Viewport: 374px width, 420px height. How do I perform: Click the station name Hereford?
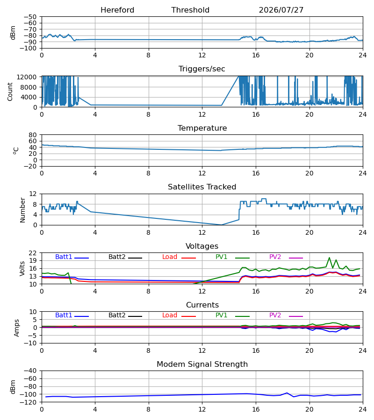[x=117, y=10]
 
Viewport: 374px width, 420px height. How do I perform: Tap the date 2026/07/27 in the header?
[x=281, y=10]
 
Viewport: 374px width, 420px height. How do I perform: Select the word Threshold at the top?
[x=190, y=10]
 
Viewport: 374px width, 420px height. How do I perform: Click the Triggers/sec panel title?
[x=202, y=69]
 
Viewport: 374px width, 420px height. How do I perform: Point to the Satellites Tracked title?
[x=202, y=187]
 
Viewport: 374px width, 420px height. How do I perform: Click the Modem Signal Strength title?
[x=202, y=364]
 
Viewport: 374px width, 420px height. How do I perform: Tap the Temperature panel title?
[x=202, y=128]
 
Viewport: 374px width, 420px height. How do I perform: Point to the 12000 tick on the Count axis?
[x=27, y=77]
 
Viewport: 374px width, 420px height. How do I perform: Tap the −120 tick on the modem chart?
[x=30, y=402]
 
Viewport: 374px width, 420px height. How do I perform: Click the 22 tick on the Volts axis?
[x=32, y=253]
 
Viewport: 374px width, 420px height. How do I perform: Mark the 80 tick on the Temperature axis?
[x=32, y=135]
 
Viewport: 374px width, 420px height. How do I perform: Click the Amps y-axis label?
[x=17, y=328]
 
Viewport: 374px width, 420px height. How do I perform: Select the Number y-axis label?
[x=22, y=210]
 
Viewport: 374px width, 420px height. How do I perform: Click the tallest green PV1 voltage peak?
[x=329, y=258]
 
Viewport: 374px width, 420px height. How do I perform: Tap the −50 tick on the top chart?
[x=30, y=17]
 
